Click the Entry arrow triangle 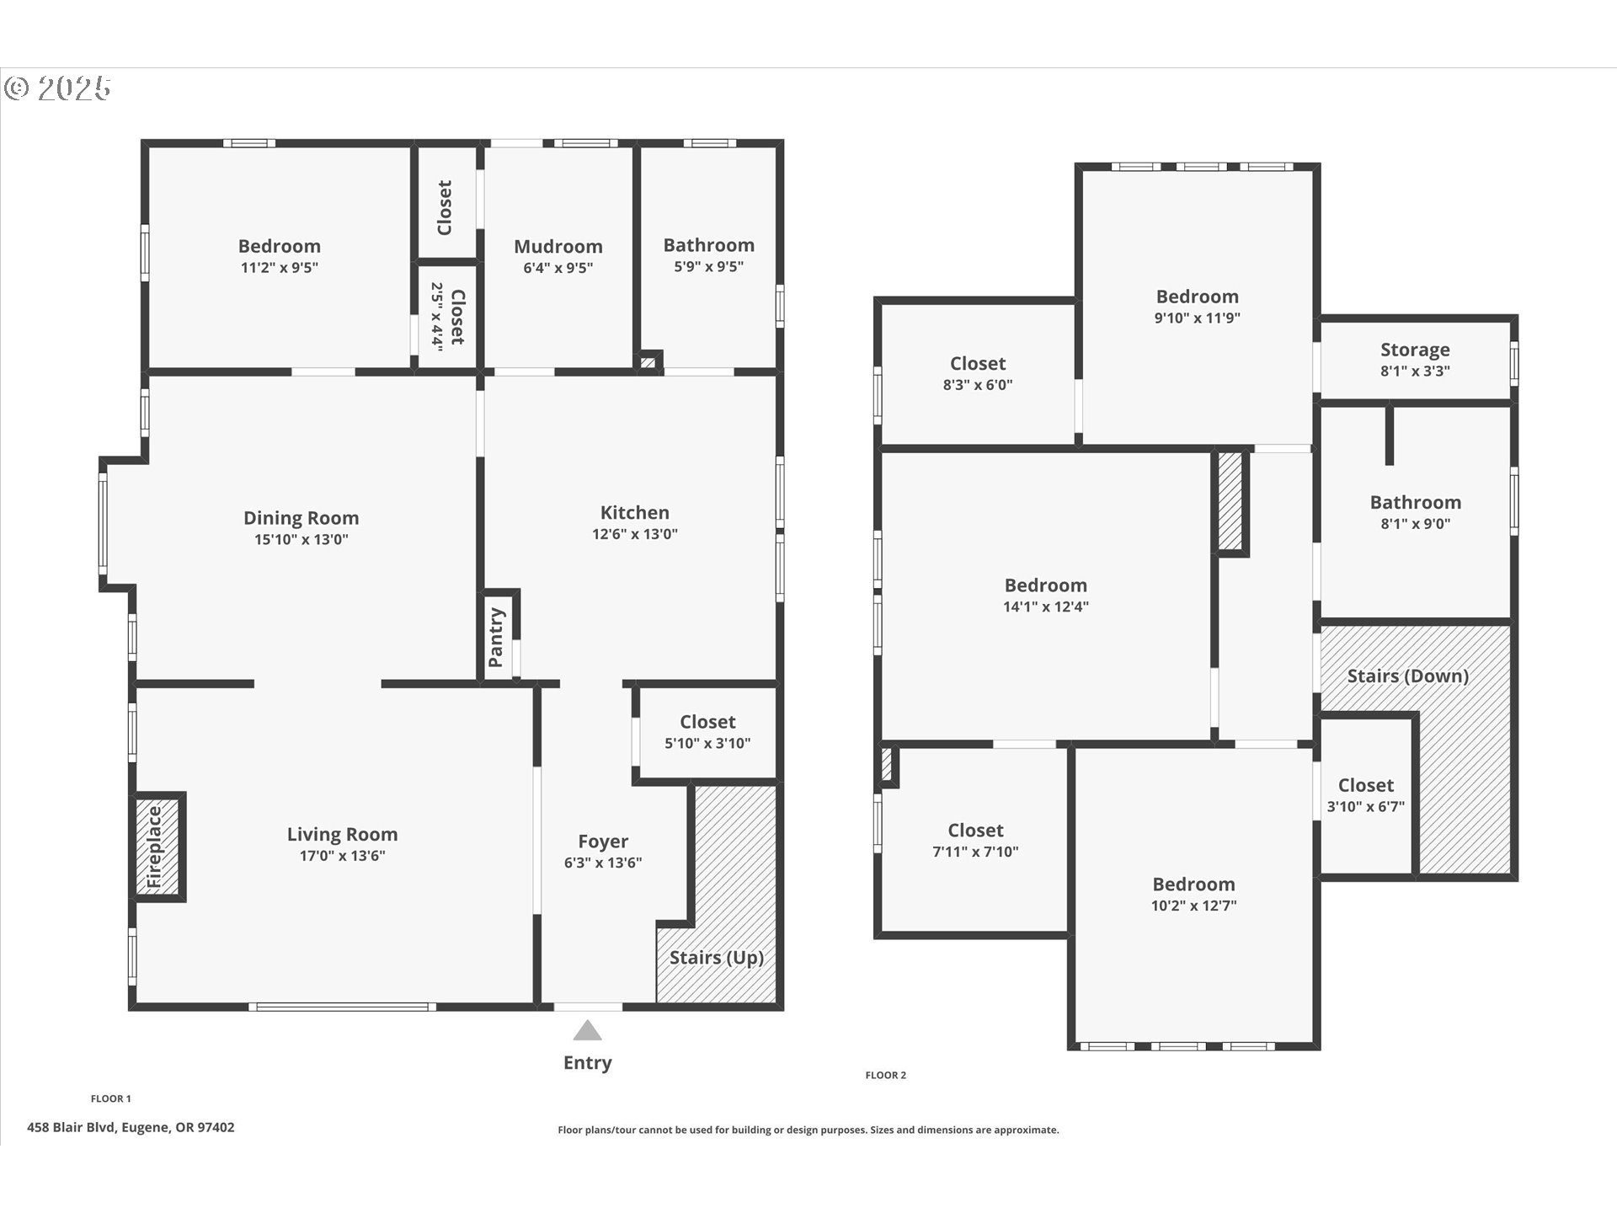click(587, 1031)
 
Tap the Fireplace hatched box click(157, 847)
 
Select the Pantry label click(496, 638)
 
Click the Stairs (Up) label click(716, 958)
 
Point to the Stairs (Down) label click(1407, 676)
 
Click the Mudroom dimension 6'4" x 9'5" click(558, 268)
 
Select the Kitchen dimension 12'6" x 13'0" click(634, 534)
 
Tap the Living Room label click(342, 834)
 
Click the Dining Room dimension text click(301, 540)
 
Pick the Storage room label click(1415, 350)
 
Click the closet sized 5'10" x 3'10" click(707, 731)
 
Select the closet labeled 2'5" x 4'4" click(448, 316)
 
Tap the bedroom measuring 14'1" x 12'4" click(1045, 595)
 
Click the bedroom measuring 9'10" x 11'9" click(1197, 306)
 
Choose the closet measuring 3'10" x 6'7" click(1365, 795)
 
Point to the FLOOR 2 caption click(886, 1075)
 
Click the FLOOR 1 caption click(111, 1098)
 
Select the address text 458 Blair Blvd click(131, 1127)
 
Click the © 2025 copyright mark click(57, 88)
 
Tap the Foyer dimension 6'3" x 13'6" click(602, 863)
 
